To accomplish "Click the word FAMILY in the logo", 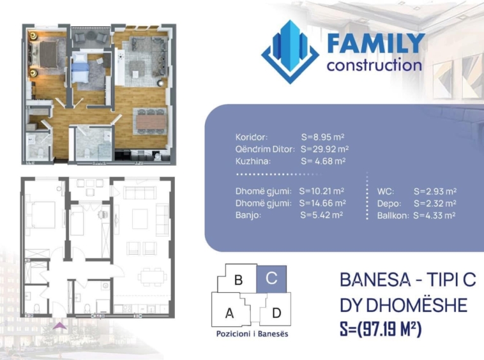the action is click(375, 44).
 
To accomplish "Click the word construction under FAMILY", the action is click(374, 65).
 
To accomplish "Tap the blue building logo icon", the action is click(290, 52).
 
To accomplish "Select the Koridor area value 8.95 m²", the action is click(322, 137).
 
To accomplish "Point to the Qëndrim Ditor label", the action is click(265, 149).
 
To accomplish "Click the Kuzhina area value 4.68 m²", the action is click(323, 161).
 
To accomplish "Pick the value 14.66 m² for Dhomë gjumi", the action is click(322, 203).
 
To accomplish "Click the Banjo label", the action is click(248, 215).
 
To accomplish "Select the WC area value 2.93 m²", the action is click(435, 191).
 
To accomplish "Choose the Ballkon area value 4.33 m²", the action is click(434, 216).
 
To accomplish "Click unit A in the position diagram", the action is click(230, 313).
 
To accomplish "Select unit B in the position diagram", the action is click(238, 280).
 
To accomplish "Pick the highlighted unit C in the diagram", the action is click(271, 278).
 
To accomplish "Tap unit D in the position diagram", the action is click(276, 313).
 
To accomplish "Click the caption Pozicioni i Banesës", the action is click(252, 334).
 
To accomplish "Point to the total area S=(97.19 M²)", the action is click(381, 329).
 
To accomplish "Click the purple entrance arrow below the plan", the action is click(59, 326).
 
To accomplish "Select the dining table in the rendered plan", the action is click(151, 121).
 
